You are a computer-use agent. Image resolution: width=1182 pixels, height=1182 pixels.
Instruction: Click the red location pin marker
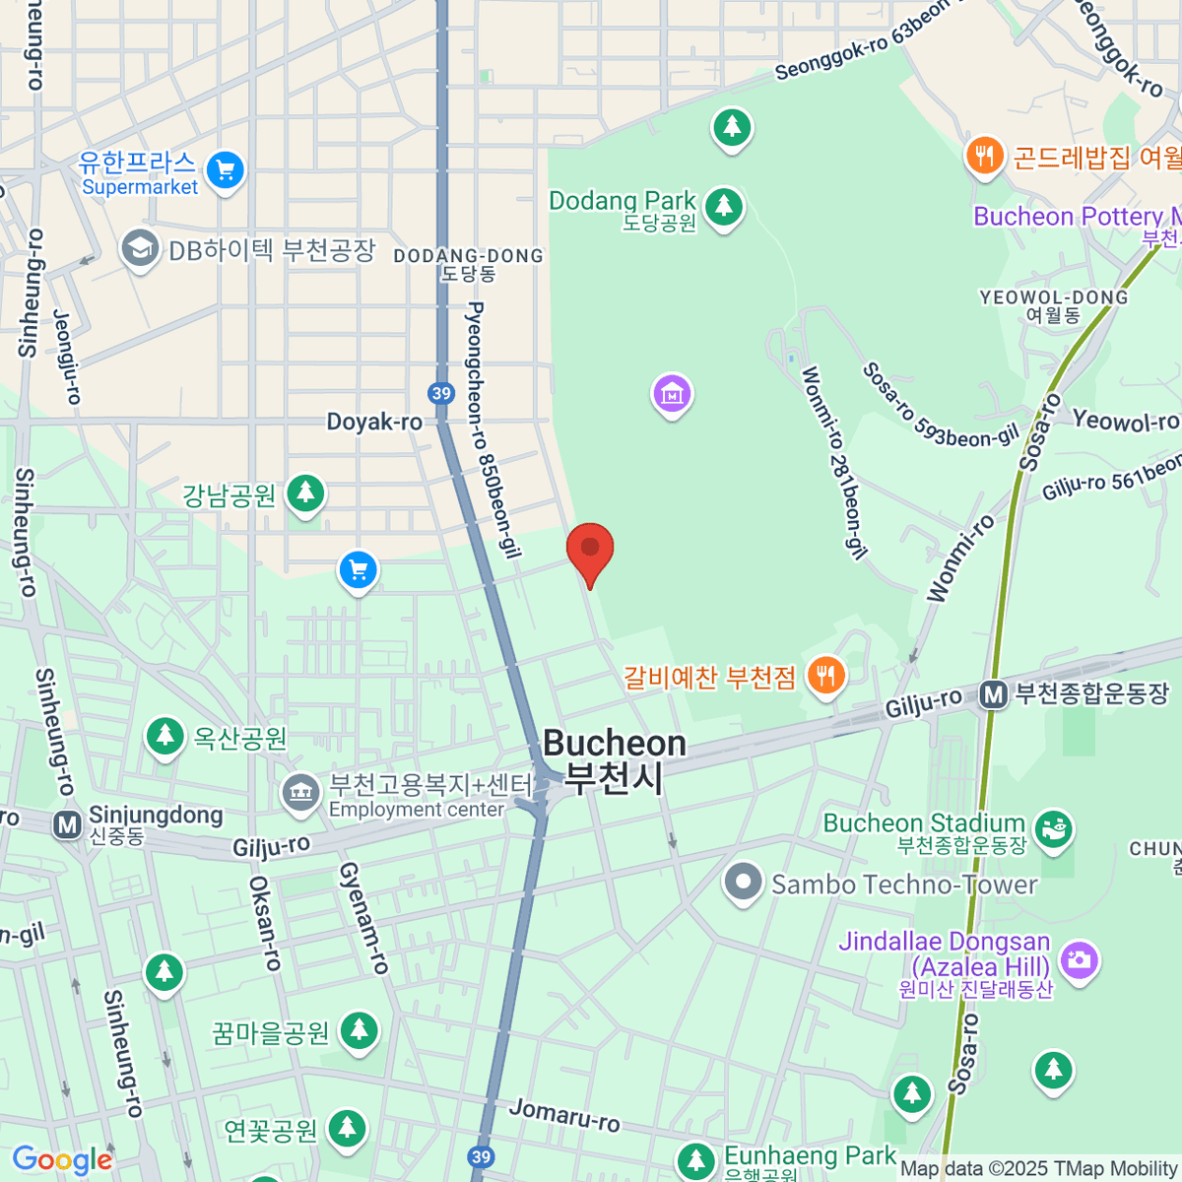click(x=590, y=550)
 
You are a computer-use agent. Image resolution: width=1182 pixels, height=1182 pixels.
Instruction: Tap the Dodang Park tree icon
click(x=725, y=207)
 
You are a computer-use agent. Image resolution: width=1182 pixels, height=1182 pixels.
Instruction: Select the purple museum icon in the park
click(x=672, y=394)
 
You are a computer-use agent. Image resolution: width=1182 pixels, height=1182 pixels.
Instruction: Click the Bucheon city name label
click(x=615, y=760)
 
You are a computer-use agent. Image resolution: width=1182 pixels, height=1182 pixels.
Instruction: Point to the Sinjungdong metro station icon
click(x=68, y=823)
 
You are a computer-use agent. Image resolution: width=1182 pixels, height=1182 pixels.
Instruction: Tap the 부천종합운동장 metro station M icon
click(x=993, y=695)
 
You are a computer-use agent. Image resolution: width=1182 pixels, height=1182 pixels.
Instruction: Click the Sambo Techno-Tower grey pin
click(x=744, y=883)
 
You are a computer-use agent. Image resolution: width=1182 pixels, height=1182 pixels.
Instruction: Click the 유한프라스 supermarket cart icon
click(x=226, y=171)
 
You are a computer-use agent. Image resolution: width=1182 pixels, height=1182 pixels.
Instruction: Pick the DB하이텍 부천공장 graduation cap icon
click(x=140, y=249)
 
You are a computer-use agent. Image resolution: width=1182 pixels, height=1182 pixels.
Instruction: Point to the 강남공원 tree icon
click(x=305, y=492)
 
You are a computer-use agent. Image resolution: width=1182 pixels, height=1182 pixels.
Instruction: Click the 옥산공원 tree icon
click(x=164, y=737)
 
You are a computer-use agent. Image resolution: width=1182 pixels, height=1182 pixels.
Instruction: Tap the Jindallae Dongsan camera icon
click(x=1080, y=958)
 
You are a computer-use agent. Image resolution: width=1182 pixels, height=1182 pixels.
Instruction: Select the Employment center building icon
click(x=300, y=794)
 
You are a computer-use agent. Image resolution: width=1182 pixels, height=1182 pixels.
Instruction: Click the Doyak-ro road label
click(x=374, y=423)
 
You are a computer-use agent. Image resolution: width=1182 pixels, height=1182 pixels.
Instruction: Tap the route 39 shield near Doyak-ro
click(x=441, y=394)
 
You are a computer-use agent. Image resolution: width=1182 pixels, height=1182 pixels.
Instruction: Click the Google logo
click(x=61, y=1160)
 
